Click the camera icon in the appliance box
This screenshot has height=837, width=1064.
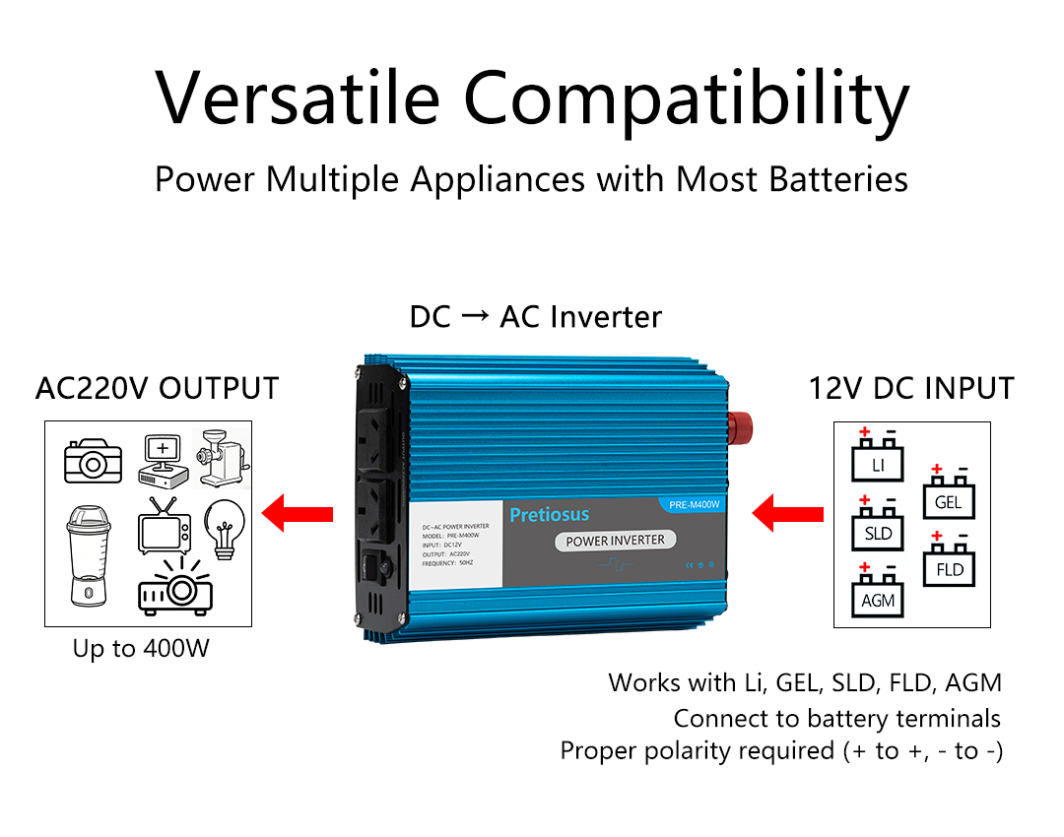94,460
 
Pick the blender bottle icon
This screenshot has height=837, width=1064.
87,553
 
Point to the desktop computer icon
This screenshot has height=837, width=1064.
163,461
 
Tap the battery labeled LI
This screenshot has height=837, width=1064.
876,458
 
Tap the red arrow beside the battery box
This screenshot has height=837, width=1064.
787,513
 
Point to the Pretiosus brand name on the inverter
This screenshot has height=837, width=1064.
549,514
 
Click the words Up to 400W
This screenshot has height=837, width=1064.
141,650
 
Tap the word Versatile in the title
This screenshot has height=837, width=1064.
298,98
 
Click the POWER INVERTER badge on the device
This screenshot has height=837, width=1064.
615,540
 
